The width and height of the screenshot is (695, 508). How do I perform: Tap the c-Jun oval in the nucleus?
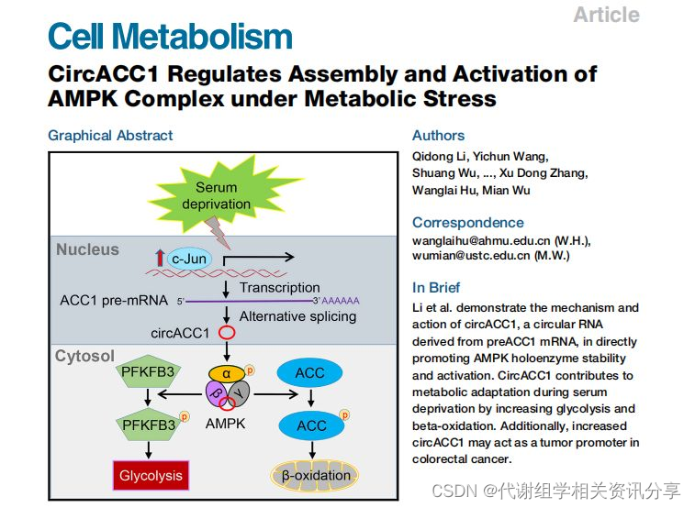coord(189,259)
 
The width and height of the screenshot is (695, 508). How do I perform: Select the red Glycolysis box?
coord(151,475)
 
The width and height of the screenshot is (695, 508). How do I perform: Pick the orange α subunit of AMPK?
coord(227,374)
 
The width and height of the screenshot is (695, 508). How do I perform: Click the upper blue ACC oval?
coord(311,374)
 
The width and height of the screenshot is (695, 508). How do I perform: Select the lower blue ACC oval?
coord(311,425)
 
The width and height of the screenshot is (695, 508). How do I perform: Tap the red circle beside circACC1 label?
coord(225,333)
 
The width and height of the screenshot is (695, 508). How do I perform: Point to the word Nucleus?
coord(87,249)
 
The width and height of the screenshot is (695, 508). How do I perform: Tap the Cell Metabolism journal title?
coord(170,37)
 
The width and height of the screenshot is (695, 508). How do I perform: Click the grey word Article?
coord(606,15)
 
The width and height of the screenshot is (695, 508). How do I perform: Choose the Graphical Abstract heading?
coord(110,136)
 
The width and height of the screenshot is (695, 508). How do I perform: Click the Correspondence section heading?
coord(468,222)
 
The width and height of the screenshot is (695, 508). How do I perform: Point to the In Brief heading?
coord(436,287)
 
